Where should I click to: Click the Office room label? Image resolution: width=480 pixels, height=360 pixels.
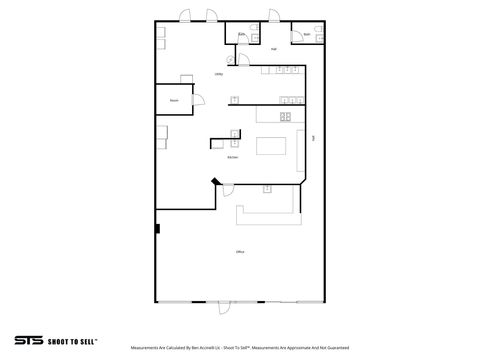click(240, 251)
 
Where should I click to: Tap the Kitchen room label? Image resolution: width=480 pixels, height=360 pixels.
click(232, 157)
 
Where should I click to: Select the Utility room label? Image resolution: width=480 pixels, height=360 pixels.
click(218, 75)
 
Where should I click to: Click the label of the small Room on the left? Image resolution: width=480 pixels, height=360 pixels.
click(174, 100)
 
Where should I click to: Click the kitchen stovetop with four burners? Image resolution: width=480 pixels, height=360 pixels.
click(285, 117)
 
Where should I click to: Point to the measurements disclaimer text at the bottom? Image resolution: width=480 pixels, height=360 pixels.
click(240, 347)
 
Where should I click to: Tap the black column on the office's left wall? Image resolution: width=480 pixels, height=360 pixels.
click(157, 229)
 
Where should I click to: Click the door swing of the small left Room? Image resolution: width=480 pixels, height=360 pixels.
click(200, 98)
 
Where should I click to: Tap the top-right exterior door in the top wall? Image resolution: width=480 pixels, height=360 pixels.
click(273, 15)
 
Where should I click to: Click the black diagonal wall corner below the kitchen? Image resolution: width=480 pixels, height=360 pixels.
click(213, 182)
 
